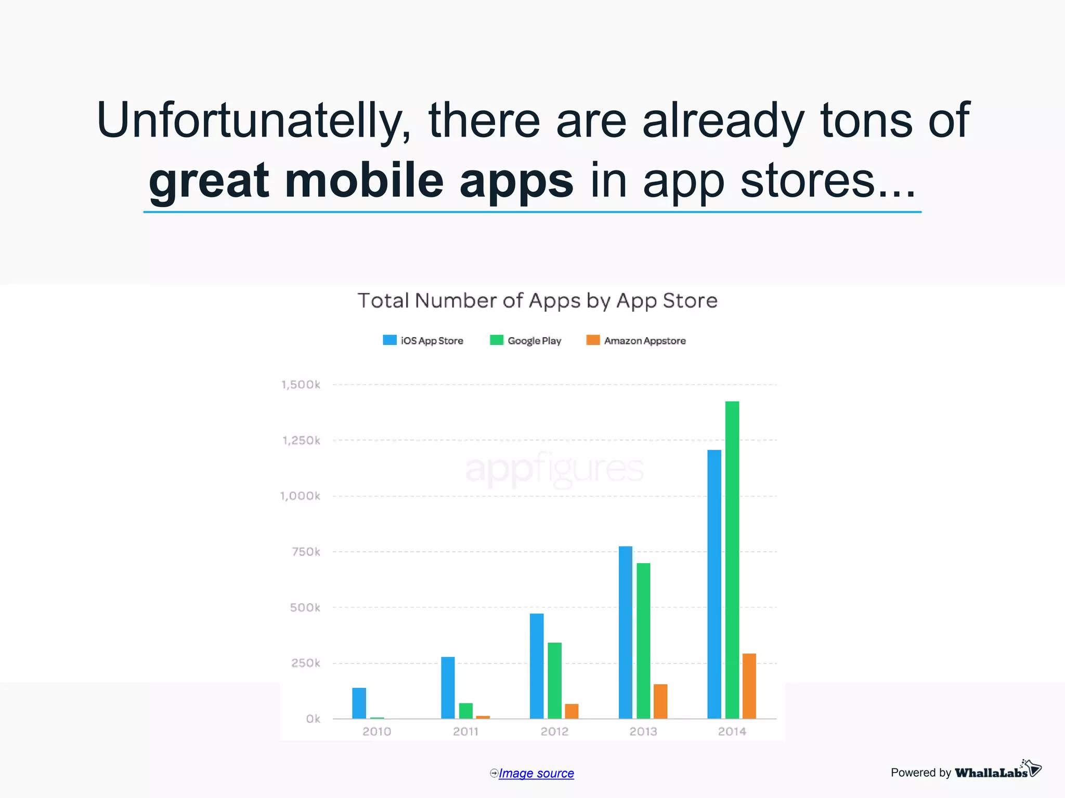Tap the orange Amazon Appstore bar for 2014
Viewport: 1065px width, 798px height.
pyautogui.click(x=749, y=686)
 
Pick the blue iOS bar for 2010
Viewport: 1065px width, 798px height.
pyautogui.click(x=359, y=703)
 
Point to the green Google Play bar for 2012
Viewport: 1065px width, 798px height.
pyautogui.click(x=554, y=681)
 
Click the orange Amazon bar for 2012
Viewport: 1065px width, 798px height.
pyautogui.click(x=572, y=711)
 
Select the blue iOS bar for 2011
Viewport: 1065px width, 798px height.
pyautogui.click(x=448, y=688)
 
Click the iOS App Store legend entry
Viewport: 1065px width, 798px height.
pyautogui.click(x=423, y=341)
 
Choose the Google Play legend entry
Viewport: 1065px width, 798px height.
pyautogui.click(x=526, y=341)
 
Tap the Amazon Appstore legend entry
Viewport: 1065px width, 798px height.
pyautogui.click(x=636, y=341)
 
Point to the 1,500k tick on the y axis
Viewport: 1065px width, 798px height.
pyautogui.click(x=301, y=385)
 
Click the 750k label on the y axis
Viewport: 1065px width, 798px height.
pyautogui.click(x=306, y=552)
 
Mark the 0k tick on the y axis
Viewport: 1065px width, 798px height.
pyautogui.click(x=313, y=719)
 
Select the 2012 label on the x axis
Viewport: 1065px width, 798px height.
pyautogui.click(x=554, y=731)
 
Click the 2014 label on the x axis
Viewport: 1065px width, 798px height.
pyautogui.click(x=732, y=731)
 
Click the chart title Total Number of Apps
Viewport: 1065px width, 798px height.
pyautogui.click(x=538, y=301)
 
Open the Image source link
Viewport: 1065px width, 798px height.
pyautogui.click(x=536, y=774)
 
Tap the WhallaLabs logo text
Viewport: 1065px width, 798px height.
pyautogui.click(x=991, y=773)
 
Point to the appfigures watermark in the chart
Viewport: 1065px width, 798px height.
pyautogui.click(x=554, y=469)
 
